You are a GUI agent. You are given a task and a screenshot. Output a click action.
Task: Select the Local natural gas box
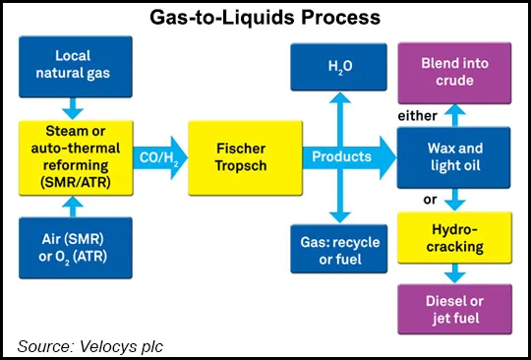[x=74, y=64]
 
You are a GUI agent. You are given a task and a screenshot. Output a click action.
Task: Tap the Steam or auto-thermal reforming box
[x=74, y=155]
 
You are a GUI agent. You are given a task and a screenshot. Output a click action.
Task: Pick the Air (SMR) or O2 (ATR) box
[x=74, y=244]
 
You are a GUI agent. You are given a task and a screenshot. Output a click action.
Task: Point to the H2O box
[x=340, y=64]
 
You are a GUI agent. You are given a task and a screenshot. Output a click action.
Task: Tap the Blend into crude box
[x=455, y=64]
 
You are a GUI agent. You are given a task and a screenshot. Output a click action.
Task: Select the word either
[x=416, y=117]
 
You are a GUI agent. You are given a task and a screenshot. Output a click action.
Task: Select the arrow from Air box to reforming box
[x=74, y=205]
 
